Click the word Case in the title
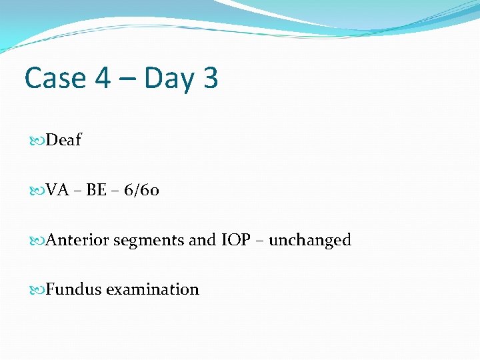[55, 78]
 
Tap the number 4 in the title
[103, 78]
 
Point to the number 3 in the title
[209, 78]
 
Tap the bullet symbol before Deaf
[38, 141]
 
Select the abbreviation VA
[58, 191]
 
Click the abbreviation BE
[96, 191]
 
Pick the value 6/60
[140, 191]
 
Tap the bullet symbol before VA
[38, 191]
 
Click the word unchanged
[310, 240]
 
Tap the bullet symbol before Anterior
[38, 241]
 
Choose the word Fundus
[73, 289]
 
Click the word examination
[153, 289]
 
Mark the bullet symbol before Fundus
[38, 290]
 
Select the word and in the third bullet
[202, 240]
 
